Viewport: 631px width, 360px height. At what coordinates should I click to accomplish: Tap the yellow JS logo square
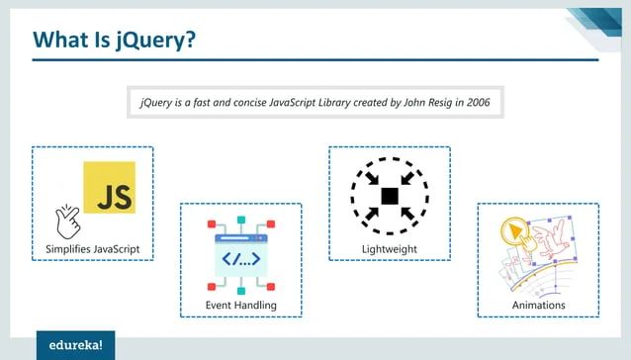[x=109, y=188]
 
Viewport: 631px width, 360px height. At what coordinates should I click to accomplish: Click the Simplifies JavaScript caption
[x=92, y=246]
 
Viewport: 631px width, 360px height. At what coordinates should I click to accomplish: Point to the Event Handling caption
[x=240, y=305]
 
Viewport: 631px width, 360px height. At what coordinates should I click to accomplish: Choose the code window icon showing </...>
[x=240, y=258]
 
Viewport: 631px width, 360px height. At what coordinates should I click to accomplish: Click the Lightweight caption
[x=389, y=247]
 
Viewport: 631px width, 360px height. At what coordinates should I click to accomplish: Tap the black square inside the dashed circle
[x=389, y=195]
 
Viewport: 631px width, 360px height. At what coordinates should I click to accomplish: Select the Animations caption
[x=538, y=305]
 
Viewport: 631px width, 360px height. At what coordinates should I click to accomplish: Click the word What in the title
[x=61, y=39]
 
